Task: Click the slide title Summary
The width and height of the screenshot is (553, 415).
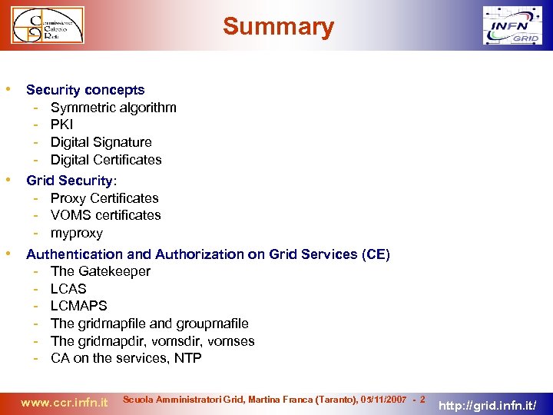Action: click(278, 28)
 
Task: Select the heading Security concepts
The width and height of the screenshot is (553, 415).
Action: click(85, 90)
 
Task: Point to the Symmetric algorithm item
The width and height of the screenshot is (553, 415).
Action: click(113, 108)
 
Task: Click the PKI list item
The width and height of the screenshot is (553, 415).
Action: click(61, 124)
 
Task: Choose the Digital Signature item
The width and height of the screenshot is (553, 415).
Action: click(101, 142)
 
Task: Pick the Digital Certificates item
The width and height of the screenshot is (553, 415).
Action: click(106, 160)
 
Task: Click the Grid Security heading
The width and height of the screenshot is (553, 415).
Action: click(71, 181)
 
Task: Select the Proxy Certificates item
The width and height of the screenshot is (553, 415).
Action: click(104, 198)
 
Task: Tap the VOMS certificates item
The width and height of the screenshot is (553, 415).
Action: click(105, 215)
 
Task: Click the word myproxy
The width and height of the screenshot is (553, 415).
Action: click(76, 233)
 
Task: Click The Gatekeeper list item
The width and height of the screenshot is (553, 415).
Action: click(100, 271)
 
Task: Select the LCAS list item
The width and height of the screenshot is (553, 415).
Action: click(68, 289)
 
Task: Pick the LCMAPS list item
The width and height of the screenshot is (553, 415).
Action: click(78, 306)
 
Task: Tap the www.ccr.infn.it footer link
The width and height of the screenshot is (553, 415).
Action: click(64, 402)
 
